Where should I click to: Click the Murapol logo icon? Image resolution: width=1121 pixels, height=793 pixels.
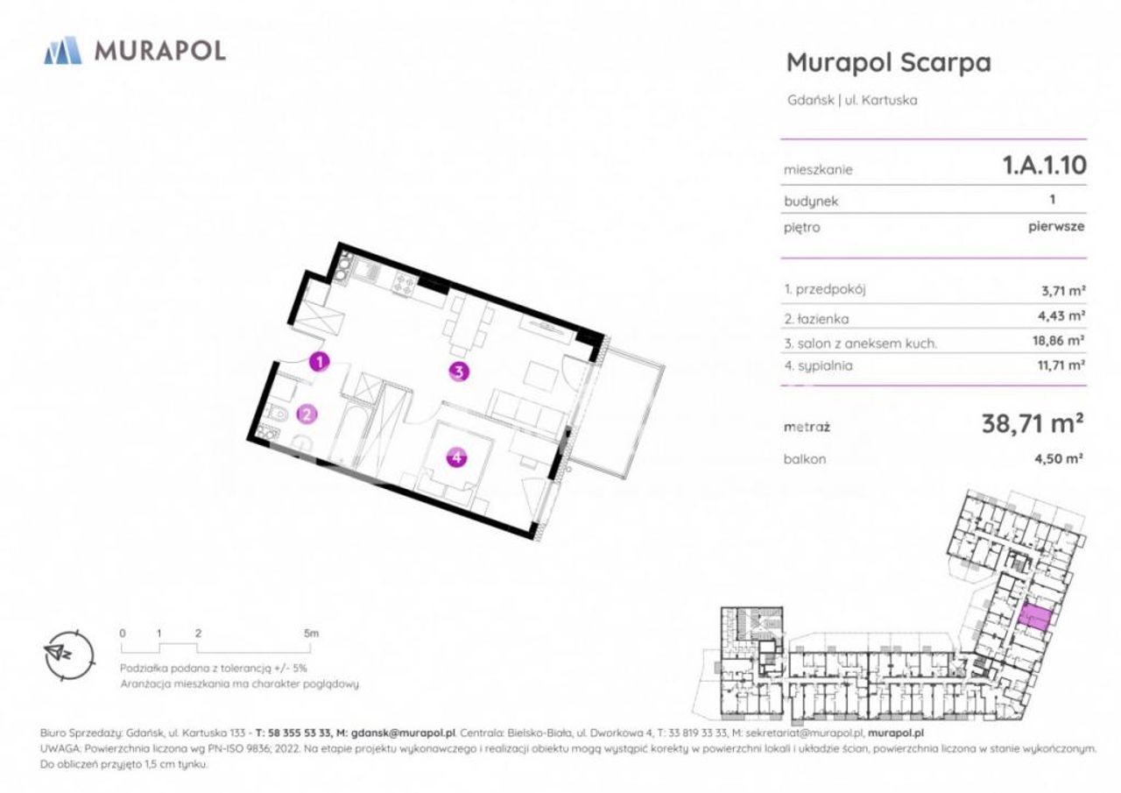63,50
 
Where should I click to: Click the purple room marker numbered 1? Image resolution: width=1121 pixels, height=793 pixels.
320,362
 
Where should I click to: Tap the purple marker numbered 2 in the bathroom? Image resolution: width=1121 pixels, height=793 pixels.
307,414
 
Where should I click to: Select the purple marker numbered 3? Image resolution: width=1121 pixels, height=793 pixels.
459,372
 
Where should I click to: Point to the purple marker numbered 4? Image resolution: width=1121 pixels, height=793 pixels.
456,457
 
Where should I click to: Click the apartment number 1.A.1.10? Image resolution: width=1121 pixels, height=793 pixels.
1045,166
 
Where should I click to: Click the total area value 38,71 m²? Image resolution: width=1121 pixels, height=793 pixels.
1033,424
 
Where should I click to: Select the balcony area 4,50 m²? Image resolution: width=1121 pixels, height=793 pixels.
1059,458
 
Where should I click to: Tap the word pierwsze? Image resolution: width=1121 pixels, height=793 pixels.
1056,227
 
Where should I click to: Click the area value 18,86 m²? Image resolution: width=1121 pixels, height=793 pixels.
1059,341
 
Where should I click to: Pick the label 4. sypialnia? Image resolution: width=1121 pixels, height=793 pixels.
818,366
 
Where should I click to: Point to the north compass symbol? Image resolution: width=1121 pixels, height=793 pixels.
68,655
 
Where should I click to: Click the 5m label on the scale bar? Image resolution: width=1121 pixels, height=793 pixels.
311,634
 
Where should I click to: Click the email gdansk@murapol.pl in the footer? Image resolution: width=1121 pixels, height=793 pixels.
404,733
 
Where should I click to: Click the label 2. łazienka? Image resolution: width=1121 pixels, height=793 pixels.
817,319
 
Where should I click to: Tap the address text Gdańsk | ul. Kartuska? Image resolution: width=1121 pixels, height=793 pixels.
852,100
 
